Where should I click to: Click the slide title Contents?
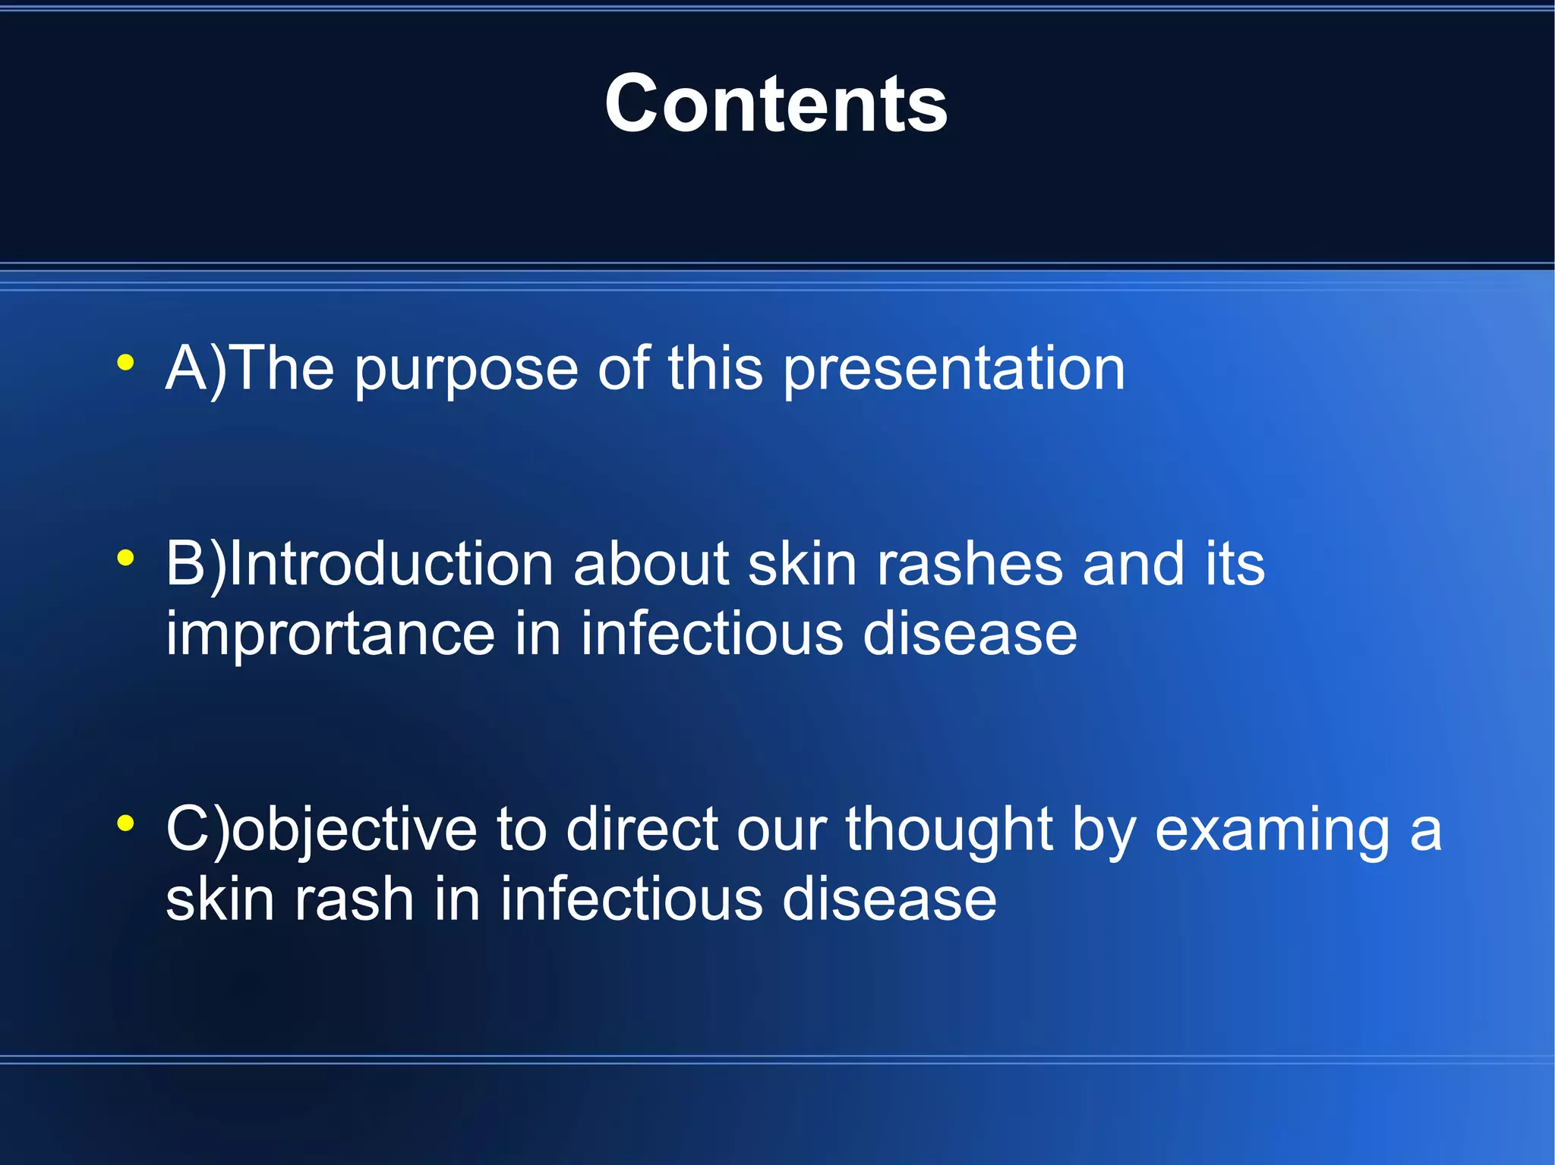point(776,104)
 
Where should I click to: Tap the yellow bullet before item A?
point(126,362)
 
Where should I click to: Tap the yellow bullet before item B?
point(126,559)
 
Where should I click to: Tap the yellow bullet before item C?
point(126,823)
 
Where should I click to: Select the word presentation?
point(954,370)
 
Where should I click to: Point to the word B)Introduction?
point(359,565)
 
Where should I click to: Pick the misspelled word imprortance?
point(330,634)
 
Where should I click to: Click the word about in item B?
point(651,565)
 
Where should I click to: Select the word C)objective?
point(321,830)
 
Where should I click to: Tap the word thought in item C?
point(949,830)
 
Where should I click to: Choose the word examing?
point(1273,830)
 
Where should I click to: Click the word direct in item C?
point(642,830)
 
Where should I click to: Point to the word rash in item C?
point(354,900)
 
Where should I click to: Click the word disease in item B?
point(970,634)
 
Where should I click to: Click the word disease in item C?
point(889,900)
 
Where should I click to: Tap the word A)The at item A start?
point(250,370)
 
